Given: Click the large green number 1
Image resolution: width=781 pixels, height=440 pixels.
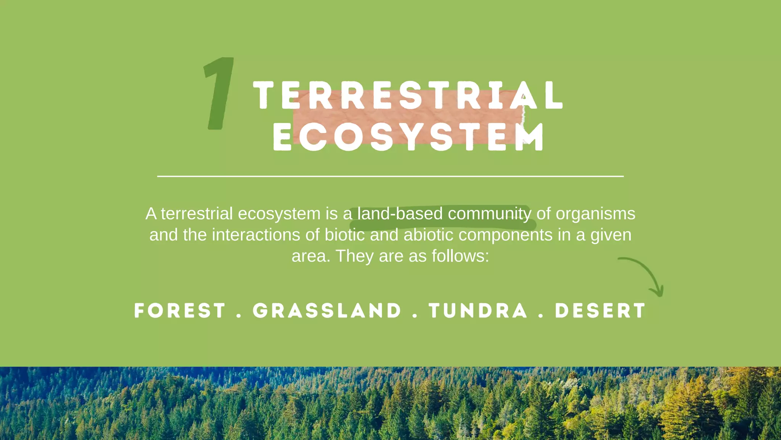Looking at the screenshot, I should point(219,94).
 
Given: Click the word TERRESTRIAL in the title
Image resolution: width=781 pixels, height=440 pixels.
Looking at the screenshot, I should point(408,95).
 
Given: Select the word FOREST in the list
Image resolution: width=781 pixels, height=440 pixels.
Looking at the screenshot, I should point(180,311).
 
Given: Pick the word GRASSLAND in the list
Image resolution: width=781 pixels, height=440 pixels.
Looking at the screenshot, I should point(327,311).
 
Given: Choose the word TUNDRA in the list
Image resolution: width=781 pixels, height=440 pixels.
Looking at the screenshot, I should point(478,311).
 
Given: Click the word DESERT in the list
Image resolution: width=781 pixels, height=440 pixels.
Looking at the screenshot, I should point(600,311).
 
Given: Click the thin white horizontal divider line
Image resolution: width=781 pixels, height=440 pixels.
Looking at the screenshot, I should point(390,176).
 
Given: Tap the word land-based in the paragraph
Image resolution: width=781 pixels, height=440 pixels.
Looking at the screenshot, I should point(400,214).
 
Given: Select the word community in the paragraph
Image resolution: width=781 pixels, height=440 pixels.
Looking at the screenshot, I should point(489,214).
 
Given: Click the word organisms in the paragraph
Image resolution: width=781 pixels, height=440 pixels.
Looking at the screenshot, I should point(595,214).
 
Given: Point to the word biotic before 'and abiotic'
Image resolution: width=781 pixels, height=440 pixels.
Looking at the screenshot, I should point(344,235).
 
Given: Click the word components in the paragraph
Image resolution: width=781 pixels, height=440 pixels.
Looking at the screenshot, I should point(505,235).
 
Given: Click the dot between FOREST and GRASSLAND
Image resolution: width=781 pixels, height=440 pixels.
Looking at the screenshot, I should point(239,316).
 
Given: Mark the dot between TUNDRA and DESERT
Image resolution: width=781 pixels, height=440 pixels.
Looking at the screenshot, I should point(541,316).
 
